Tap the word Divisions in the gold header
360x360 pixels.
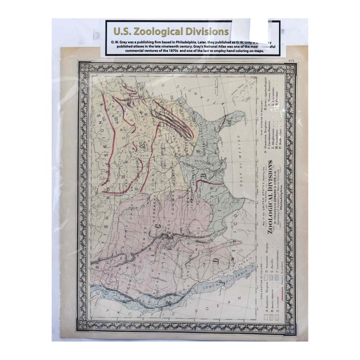point(209,31)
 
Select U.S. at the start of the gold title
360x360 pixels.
point(122,31)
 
